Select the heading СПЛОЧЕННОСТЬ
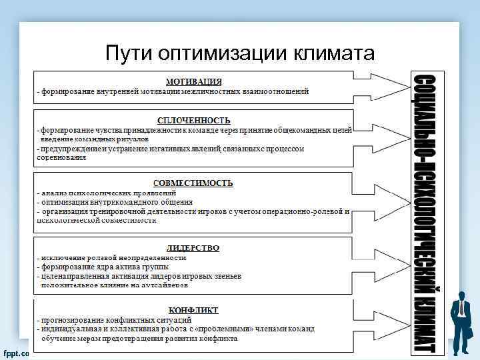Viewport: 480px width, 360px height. (194, 119)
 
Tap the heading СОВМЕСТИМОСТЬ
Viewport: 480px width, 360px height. (193, 182)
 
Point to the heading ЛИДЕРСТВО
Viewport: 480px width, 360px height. (193, 247)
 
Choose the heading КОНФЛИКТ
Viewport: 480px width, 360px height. (193, 310)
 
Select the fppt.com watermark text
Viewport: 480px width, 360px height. (15, 353)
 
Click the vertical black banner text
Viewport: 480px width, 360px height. (425, 210)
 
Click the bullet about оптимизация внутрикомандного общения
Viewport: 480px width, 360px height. (116, 202)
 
